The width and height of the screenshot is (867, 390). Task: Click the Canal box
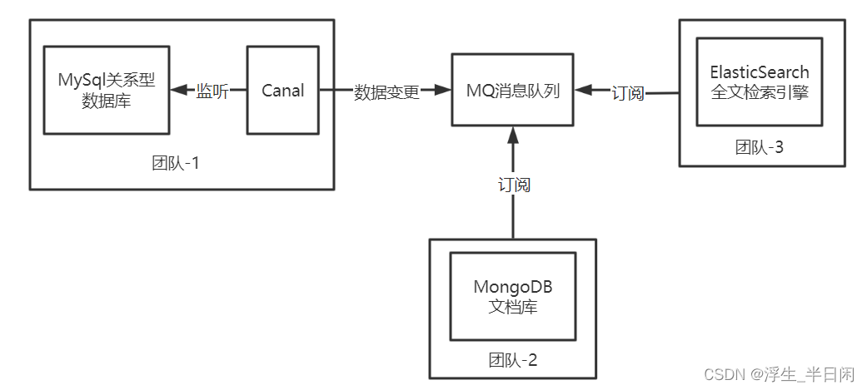point(283,91)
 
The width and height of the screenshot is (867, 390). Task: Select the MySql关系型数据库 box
point(106,91)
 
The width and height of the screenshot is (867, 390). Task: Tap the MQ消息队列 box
point(512,91)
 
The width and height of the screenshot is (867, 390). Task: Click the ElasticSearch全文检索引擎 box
point(759,81)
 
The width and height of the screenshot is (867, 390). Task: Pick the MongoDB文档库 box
point(512,297)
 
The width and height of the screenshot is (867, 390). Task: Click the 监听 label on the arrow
point(212,91)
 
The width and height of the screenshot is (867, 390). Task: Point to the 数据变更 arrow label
point(386,91)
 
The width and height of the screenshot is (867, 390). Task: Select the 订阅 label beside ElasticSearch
point(628,93)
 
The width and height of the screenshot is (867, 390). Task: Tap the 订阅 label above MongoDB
point(513,185)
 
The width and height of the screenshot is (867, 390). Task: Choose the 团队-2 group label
point(512,360)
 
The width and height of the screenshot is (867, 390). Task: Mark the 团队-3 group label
point(759,147)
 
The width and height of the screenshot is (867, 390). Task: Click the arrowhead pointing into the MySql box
point(177,91)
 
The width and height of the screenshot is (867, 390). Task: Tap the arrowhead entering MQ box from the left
point(444,91)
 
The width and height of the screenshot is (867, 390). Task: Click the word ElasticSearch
point(759,72)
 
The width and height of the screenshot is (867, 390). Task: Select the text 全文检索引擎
point(759,91)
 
